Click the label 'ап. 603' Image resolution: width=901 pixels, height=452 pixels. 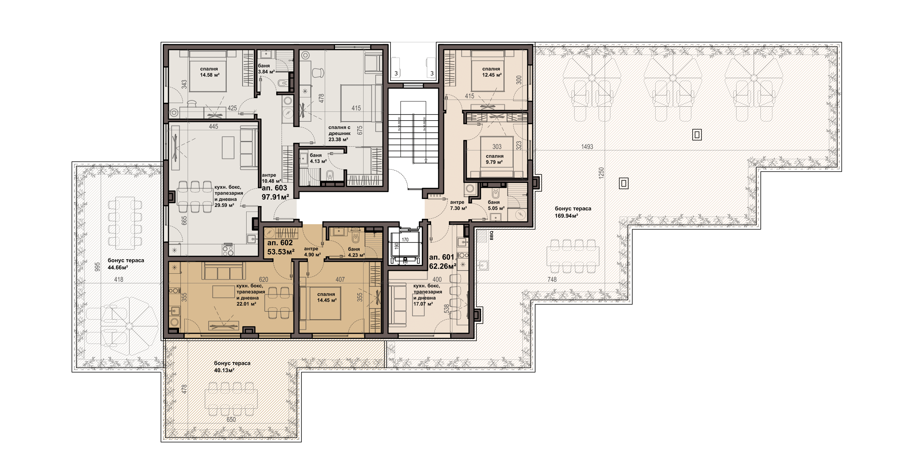(274, 188)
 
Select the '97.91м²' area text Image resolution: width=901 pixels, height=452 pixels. (275, 197)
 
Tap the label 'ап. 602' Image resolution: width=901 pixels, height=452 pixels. (280, 243)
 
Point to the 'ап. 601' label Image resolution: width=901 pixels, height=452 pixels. (441, 257)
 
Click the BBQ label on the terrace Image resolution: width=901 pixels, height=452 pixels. (491, 235)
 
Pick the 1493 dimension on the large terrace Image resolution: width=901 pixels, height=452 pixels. (587, 147)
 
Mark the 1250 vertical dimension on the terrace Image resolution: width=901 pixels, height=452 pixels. (601, 173)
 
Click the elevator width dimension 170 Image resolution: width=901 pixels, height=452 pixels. (405, 240)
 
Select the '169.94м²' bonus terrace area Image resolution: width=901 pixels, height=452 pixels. (566, 216)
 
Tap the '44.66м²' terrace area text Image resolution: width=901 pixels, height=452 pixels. (118, 268)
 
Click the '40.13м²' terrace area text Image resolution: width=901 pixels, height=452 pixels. (224, 370)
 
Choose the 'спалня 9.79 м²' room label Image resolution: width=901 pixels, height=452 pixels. (494, 159)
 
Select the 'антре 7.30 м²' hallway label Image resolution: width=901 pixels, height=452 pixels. (458, 205)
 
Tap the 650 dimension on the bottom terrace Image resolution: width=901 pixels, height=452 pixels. (231, 419)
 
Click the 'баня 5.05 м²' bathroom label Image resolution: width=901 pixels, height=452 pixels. (496, 205)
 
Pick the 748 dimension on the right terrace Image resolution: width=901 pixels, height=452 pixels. (552, 279)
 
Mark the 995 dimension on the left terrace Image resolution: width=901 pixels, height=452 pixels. (97, 267)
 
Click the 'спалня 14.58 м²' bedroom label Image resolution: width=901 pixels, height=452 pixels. (209, 72)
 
